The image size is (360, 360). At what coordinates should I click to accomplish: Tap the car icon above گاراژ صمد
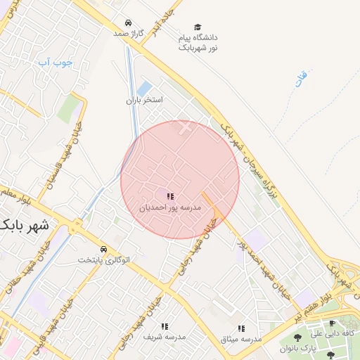coord(127,22)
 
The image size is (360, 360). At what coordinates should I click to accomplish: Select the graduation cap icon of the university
coord(198,27)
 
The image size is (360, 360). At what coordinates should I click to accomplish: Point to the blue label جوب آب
coord(56,63)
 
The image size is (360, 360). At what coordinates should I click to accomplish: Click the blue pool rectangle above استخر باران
coord(144,89)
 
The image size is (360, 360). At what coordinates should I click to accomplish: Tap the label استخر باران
coord(144,101)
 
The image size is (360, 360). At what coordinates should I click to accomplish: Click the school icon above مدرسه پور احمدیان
coord(169,196)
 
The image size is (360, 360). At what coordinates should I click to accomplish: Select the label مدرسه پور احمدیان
coord(169,208)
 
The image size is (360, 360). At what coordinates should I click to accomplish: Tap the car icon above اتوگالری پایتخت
coord(104,250)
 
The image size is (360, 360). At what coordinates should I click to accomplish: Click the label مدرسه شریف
coord(165,337)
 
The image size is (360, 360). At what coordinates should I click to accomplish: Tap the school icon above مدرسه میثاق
coord(241,328)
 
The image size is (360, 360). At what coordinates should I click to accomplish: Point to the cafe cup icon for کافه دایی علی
coord(333,323)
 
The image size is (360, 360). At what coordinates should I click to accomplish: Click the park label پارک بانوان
coord(312,349)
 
